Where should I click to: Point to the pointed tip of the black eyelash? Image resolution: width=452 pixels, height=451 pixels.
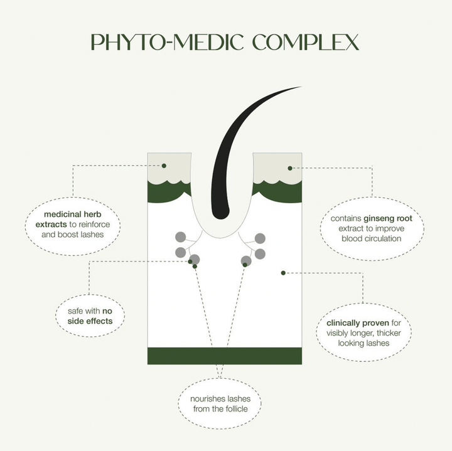click(301, 87)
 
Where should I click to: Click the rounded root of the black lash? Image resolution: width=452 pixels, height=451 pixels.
click(220, 213)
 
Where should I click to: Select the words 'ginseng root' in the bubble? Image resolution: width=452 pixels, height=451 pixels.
click(388, 218)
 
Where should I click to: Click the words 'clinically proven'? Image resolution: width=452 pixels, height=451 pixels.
click(358, 323)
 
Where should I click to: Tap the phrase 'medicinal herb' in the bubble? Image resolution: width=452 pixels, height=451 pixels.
click(73, 215)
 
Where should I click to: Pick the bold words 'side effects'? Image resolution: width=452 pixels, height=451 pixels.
click(90, 321)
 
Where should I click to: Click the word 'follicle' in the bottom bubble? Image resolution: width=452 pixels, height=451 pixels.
click(235, 409)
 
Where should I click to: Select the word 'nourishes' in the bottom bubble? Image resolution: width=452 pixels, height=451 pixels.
click(208, 399)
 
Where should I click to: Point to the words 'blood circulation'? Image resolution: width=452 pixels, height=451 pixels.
click(371, 238)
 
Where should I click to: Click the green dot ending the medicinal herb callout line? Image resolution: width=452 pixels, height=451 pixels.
click(164, 166)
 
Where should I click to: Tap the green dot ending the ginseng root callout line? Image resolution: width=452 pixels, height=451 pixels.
click(290, 168)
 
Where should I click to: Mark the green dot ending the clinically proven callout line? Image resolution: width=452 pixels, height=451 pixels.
click(283, 273)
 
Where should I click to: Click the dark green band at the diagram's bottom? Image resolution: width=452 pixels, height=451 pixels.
click(225, 356)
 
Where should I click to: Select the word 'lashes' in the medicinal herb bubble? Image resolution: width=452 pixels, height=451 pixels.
click(92, 235)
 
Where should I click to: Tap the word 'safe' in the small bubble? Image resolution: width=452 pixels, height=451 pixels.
click(75, 311)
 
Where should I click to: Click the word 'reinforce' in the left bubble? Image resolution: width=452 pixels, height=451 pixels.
click(94, 225)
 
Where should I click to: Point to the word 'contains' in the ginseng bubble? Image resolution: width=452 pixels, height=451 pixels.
click(346, 218)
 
